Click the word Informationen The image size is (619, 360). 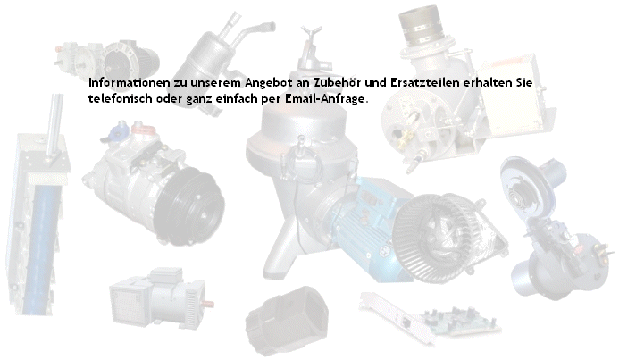click(x=130, y=83)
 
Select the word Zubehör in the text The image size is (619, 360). click(x=338, y=83)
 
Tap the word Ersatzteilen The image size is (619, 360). click(x=425, y=83)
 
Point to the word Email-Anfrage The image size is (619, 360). click(x=325, y=98)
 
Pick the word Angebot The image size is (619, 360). click(x=268, y=84)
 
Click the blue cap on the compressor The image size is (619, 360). click(x=117, y=129)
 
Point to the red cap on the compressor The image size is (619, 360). click(x=143, y=128)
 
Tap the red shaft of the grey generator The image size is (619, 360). click(x=207, y=305)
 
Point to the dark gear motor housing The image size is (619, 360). click(x=130, y=59)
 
